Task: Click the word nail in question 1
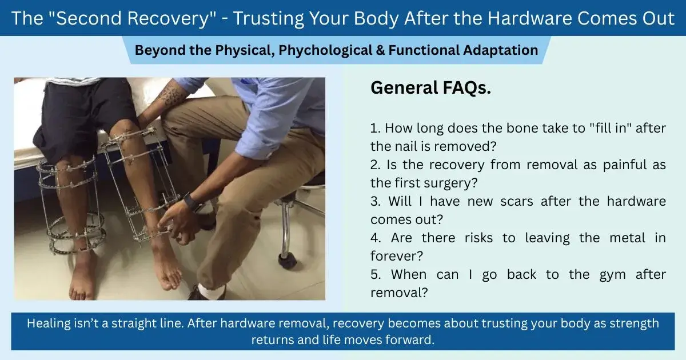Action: (421, 147)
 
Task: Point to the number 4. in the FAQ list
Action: (376, 238)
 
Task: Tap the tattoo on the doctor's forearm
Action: (171, 94)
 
